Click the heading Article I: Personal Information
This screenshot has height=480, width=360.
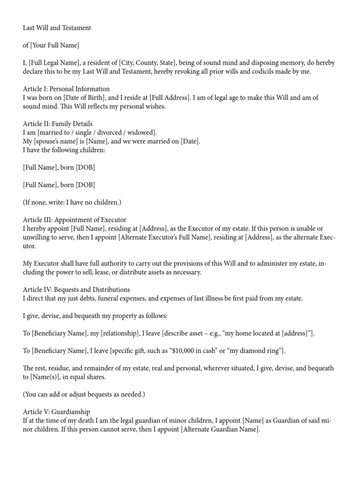point(66,89)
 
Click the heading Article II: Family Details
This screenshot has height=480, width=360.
point(58,124)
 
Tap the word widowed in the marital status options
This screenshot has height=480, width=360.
point(143,133)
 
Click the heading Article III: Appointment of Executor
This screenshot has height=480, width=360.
point(75,220)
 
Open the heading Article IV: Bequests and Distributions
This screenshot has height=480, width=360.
point(76,290)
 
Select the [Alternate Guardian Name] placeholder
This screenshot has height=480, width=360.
point(220,429)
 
